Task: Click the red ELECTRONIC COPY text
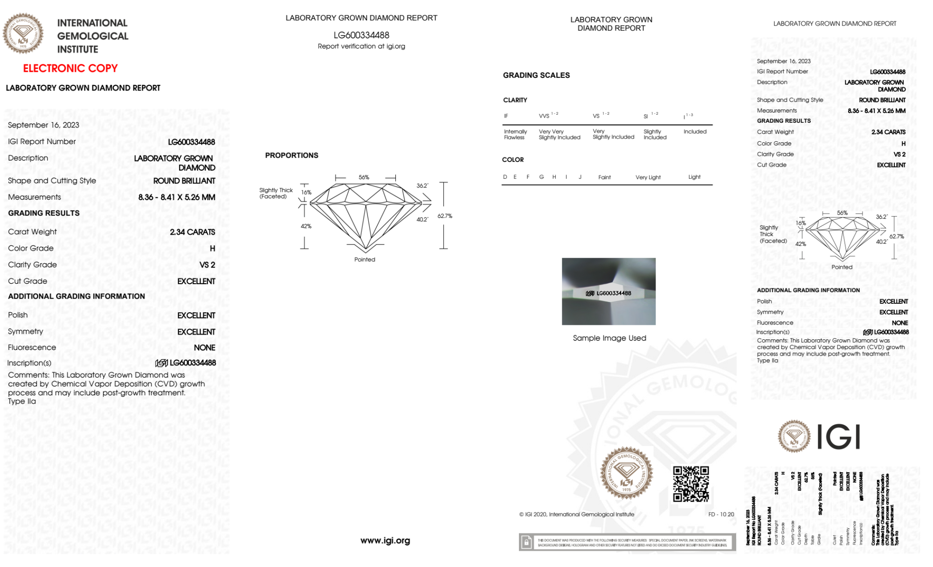[70, 68]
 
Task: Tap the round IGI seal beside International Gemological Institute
[23, 34]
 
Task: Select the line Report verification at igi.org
[361, 46]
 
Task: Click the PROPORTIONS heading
[291, 155]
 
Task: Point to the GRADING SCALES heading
[536, 75]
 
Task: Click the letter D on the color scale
[505, 177]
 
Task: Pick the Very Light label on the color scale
[648, 177]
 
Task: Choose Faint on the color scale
[604, 177]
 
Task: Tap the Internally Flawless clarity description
[515, 134]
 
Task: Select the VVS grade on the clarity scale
[545, 116]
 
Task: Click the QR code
[691, 484]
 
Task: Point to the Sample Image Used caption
[609, 338]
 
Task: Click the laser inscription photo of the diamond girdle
[608, 291]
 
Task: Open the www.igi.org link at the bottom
[385, 540]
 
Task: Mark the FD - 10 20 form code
[721, 514]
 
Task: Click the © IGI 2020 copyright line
[577, 514]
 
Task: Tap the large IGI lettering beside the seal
[839, 437]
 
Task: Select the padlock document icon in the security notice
[526, 542]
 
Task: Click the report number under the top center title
[361, 35]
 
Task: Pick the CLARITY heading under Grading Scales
[515, 100]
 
